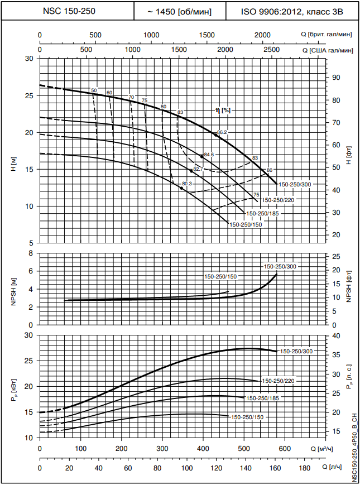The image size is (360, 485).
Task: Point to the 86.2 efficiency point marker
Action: pyautogui.click(x=216, y=135)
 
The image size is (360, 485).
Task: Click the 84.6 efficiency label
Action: pyautogui.click(x=209, y=154)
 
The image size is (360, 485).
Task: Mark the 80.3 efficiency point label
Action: pyautogui.click(x=187, y=184)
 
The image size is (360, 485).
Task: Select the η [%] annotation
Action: pyautogui.click(x=223, y=111)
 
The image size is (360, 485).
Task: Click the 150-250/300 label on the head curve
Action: pyautogui.click(x=294, y=184)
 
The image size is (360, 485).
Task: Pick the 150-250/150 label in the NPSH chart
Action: pyautogui.click(x=220, y=277)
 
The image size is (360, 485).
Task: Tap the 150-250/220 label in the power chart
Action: pyautogui.click(x=278, y=381)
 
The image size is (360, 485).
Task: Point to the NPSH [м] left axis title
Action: pyautogui.click(x=12, y=289)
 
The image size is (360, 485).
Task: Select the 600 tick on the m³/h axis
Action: pyautogui.click(x=285, y=449)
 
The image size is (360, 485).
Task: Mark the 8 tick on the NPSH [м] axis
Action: pyautogui.click(x=32, y=253)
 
